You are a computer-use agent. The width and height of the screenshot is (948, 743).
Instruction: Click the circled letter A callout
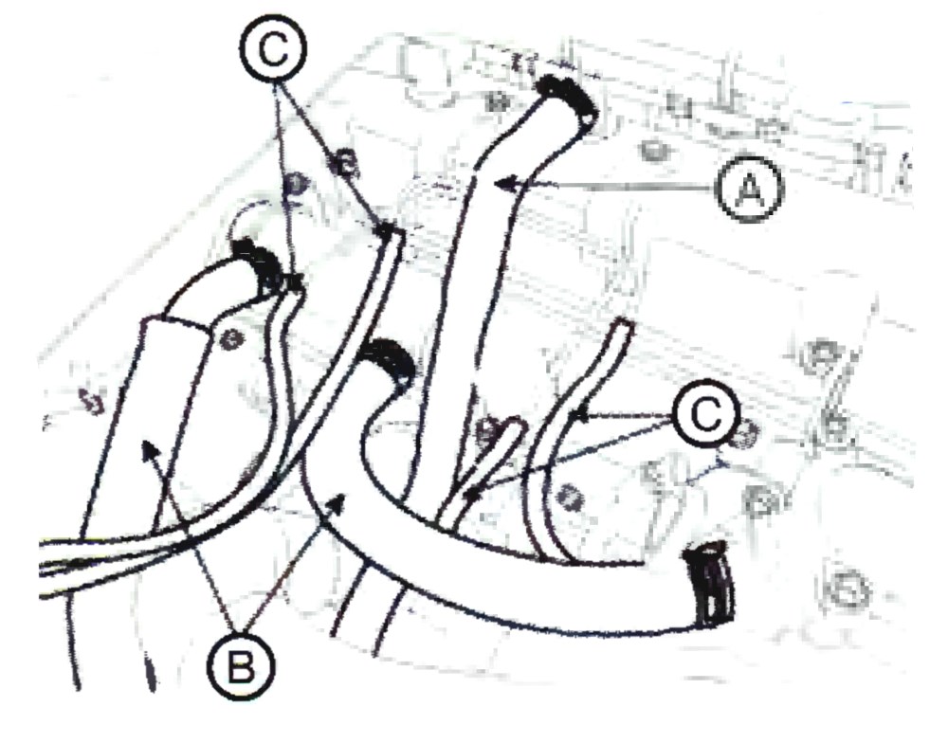click(749, 189)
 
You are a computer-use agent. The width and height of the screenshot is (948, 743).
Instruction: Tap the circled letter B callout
click(241, 667)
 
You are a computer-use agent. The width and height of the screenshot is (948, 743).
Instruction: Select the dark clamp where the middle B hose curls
click(388, 360)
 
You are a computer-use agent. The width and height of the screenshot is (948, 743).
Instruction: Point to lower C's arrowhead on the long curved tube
click(579, 415)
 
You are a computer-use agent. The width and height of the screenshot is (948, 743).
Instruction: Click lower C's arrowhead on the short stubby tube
click(471, 496)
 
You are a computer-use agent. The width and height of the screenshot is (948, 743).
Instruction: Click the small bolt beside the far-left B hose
click(229, 341)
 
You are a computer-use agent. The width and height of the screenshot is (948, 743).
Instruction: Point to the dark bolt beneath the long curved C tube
click(569, 498)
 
